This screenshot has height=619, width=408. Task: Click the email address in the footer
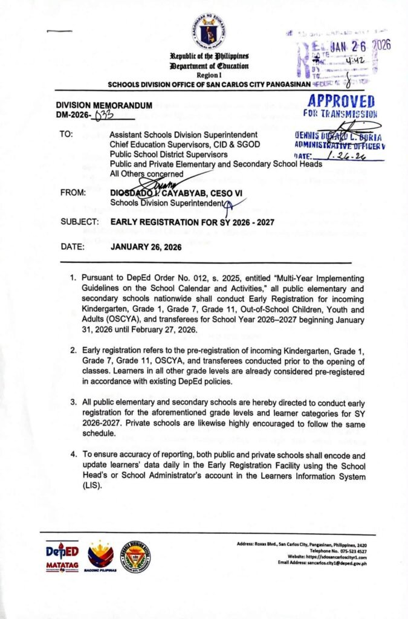pos(331,563)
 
